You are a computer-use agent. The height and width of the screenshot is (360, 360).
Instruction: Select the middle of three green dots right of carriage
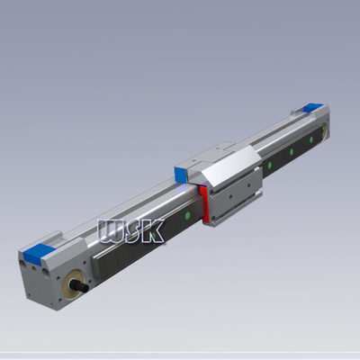pos(290,152)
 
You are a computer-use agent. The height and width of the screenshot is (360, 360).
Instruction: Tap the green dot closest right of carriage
pos(268,165)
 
